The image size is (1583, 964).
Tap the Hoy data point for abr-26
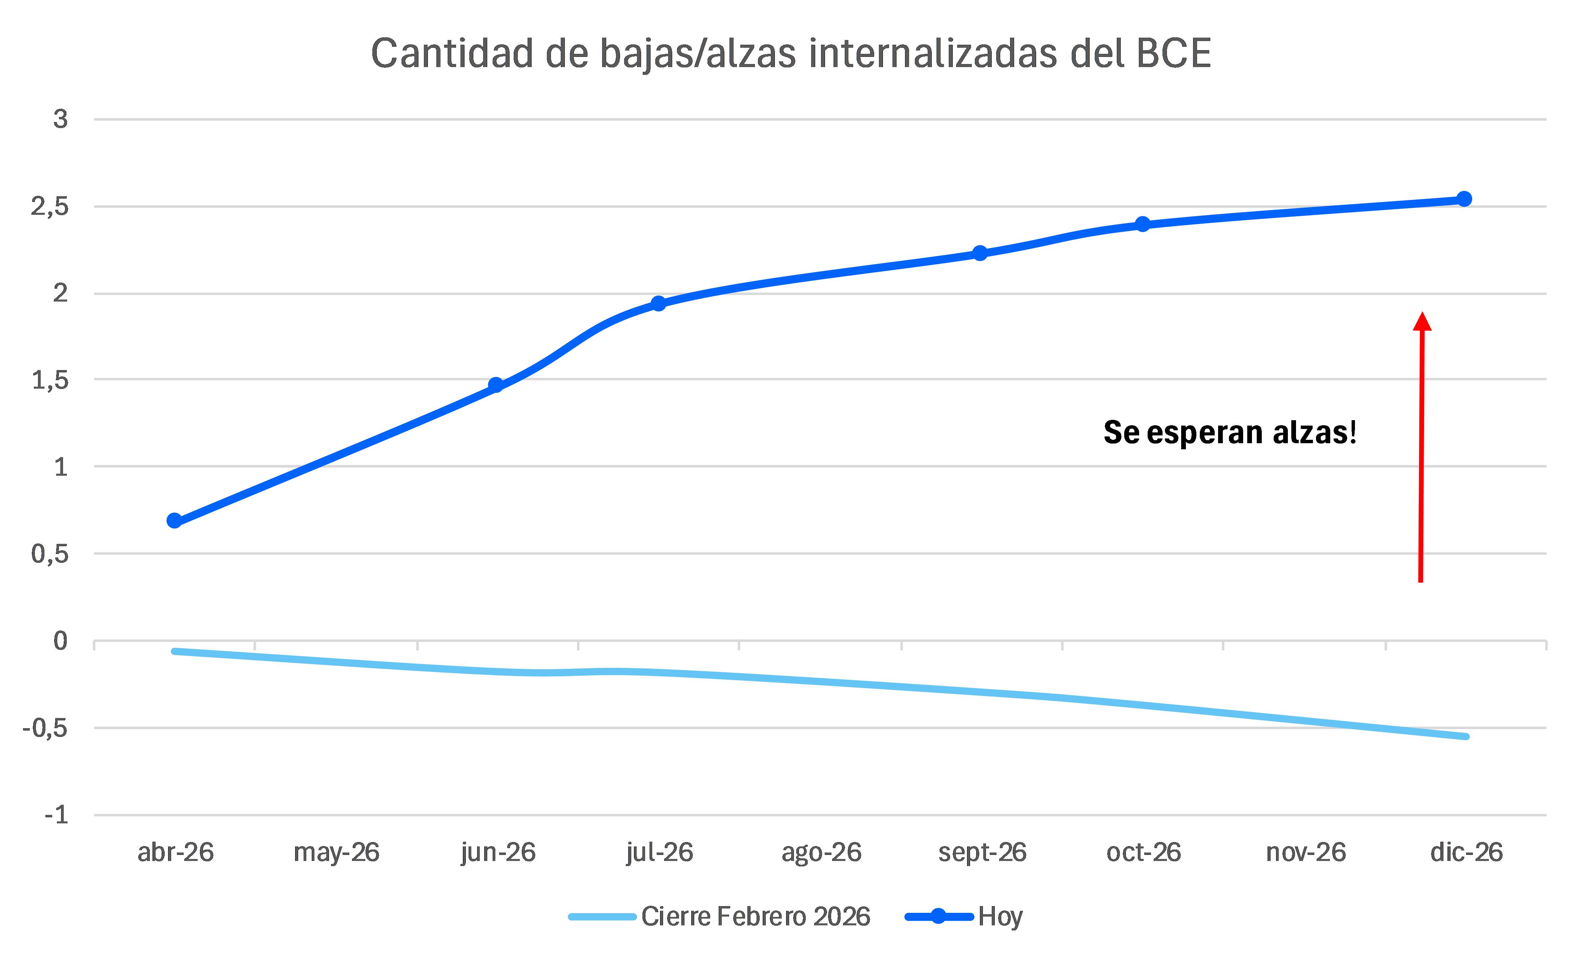point(174,520)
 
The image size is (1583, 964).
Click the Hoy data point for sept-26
point(980,253)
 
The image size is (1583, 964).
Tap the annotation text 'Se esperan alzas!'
point(1230,432)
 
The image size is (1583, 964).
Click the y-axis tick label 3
point(60,120)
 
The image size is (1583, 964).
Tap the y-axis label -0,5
point(45,728)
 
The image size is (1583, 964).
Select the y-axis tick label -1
point(56,815)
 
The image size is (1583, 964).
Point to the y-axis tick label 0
point(60,641)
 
